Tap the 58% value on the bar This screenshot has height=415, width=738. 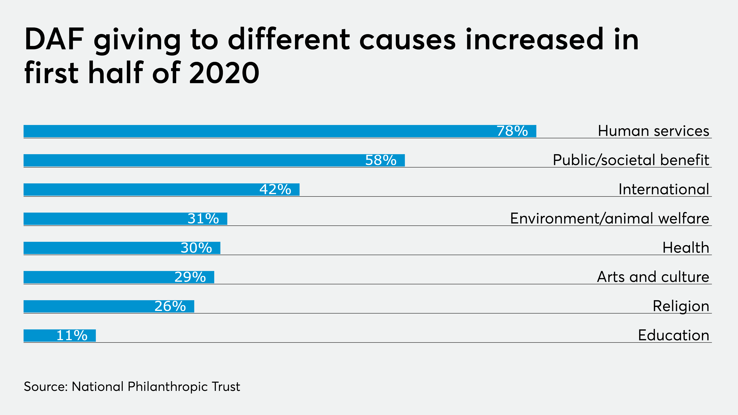pyautogui.click(x=381, y=160)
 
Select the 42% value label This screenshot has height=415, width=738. pyautogui.click(x=275, y=190)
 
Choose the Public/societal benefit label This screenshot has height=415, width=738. pyautogui.click(x=631, y=160)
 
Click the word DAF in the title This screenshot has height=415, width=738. pyautogui.click(x=54, y=40)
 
